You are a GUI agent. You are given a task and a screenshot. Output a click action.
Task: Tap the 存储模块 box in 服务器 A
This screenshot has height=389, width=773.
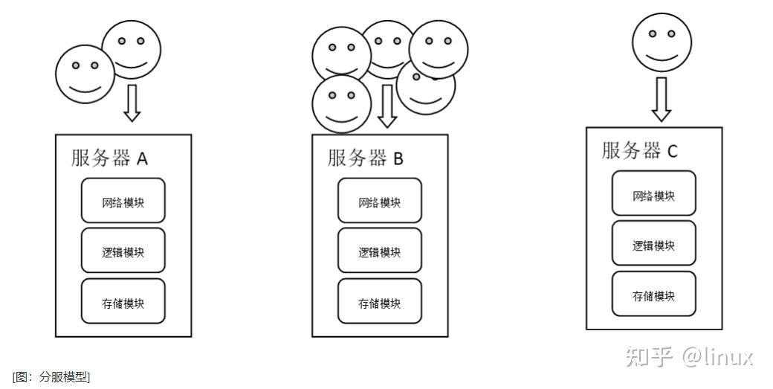coord(123,301)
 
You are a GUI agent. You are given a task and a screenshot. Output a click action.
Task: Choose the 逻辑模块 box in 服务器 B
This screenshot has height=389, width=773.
coord(379,251)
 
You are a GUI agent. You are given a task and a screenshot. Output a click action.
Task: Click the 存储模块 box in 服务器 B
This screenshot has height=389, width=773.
coord(379,301)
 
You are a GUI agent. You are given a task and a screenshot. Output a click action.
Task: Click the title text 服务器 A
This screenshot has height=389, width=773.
coord(110,158)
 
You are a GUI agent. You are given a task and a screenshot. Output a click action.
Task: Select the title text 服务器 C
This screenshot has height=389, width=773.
coord(640,150)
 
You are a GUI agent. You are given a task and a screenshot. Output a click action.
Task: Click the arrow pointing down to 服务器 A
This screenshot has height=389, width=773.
coord(132,103)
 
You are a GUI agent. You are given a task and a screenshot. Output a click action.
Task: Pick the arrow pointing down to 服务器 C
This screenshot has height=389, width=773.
coord(661,99)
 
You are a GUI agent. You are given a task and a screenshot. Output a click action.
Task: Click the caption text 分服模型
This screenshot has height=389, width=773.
coord(51,377)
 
